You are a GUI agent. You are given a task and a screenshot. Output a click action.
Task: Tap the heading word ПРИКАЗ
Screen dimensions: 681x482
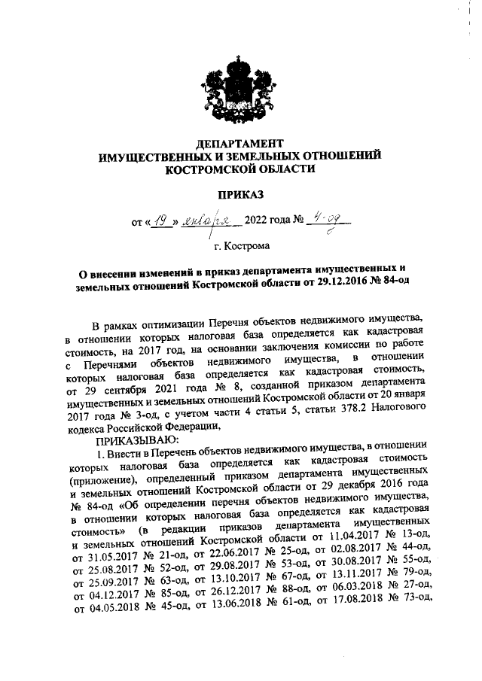coord(240,196)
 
